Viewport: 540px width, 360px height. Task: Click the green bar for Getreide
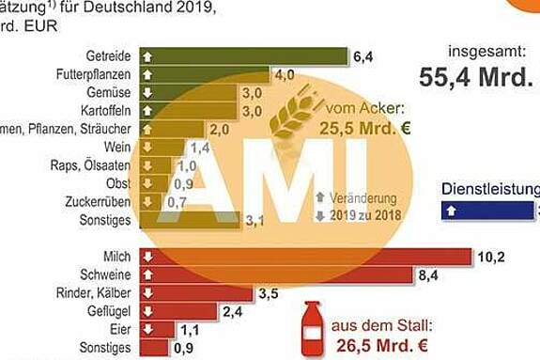(x=244, y=56)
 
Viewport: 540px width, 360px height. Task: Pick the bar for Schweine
(x=277, y=274)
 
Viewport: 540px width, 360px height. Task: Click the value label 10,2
(x=491, y=256)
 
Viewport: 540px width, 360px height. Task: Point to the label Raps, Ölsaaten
(x=89, y=165)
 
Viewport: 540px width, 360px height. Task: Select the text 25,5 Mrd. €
(x=364, y=129)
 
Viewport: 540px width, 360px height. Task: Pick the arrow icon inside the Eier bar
(x=147, y=329)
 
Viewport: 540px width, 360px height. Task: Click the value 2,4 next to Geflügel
(x=234, y=311)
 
